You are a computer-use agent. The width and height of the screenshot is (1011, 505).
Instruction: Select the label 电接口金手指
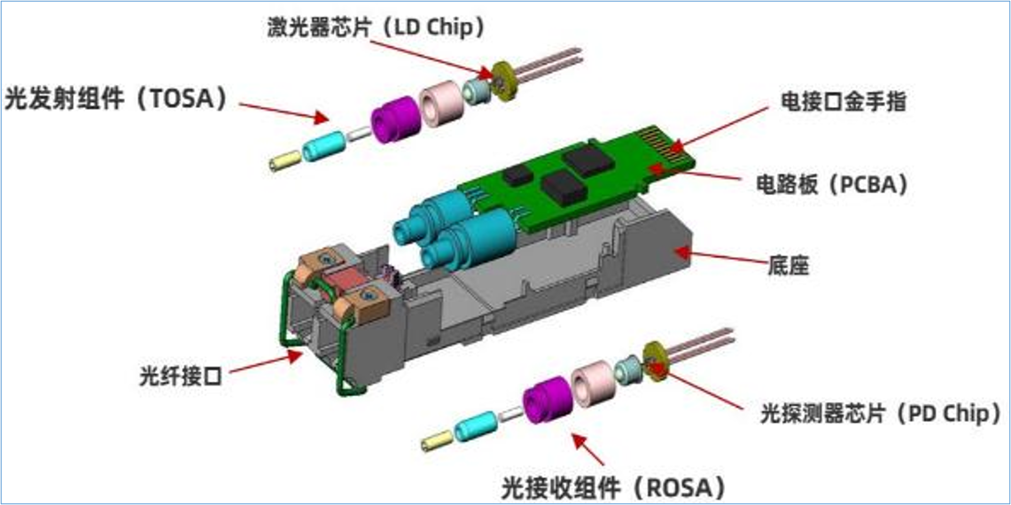pyautogui.click(x=844, y=103)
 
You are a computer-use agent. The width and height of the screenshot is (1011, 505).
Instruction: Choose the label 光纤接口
pyautogui.click(x=181, y=375)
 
